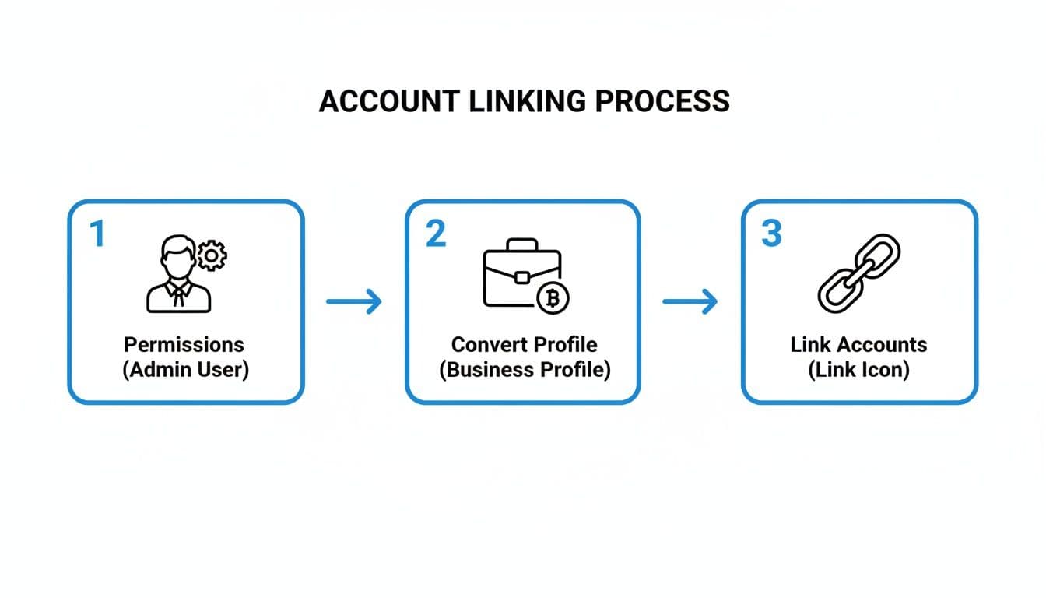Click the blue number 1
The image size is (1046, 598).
click(x=97, y=234)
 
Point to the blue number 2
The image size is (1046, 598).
click(x=436, y=234)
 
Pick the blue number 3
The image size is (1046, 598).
click(x=771, y=234)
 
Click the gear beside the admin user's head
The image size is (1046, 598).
click(x=211, y=255)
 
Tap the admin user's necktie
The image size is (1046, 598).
click(x=179, y=294)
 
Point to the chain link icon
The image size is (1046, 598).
click(x=858, y=273)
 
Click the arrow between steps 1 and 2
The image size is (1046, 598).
click(x=354, y=301)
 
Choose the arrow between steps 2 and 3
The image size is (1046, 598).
click(x=690, y=301)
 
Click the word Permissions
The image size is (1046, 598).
click(x=184, y=344)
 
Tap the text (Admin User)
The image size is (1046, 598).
click(x=185, y=369)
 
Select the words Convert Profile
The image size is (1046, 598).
click(x=524, y=344)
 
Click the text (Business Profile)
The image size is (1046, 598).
click(x=524, y=369)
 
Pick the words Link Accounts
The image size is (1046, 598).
click(x=858, y=344)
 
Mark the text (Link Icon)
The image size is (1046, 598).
click(x=858, y=369)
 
